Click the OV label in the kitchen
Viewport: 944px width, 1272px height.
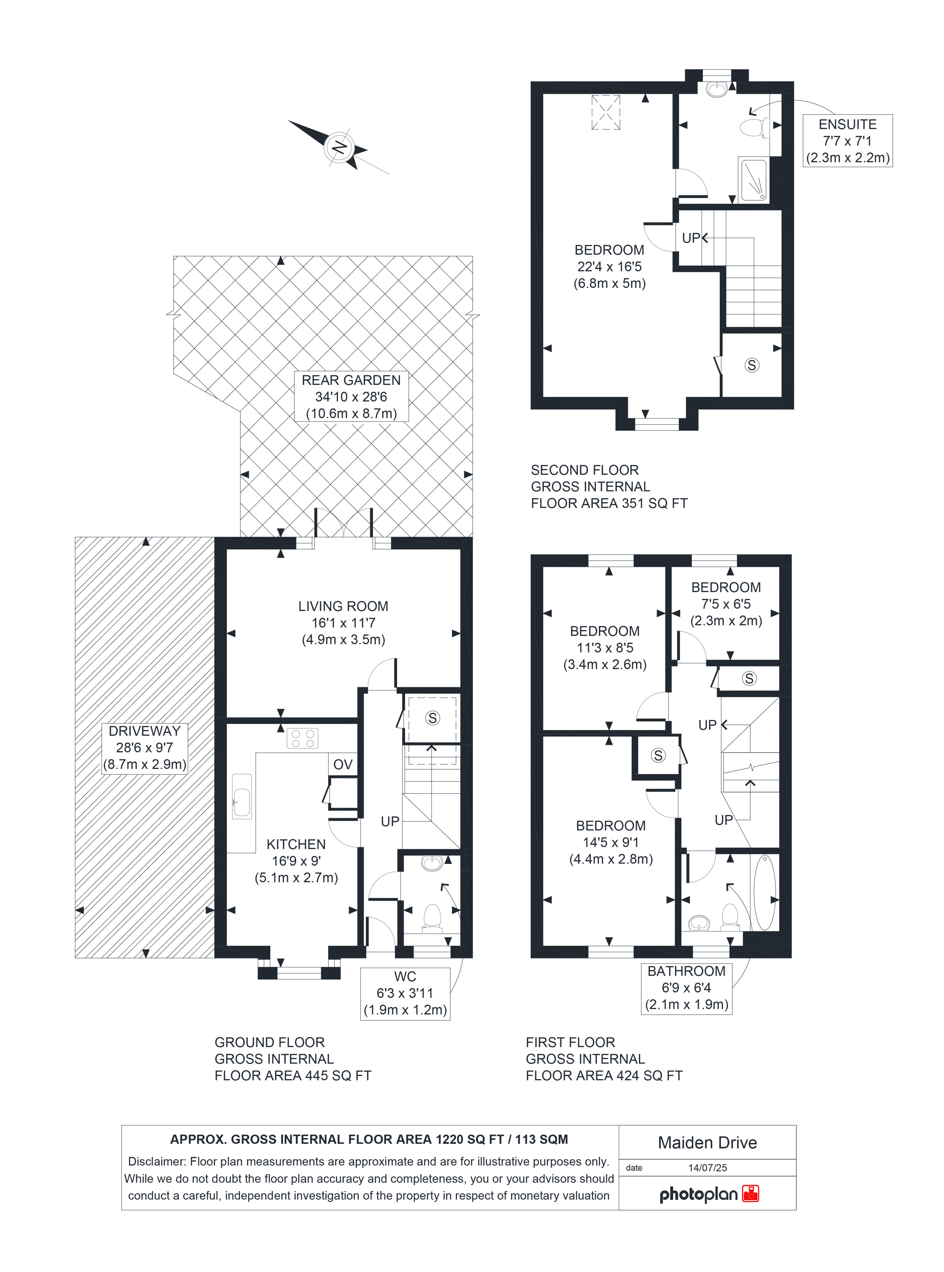[x=343, y=765]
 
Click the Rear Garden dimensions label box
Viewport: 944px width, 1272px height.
[x=351, y=397]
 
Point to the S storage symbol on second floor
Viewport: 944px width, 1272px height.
[x=752, y=365]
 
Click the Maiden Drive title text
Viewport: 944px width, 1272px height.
[x=707, y=1142]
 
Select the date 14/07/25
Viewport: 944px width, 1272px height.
[x=707, y=1167]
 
